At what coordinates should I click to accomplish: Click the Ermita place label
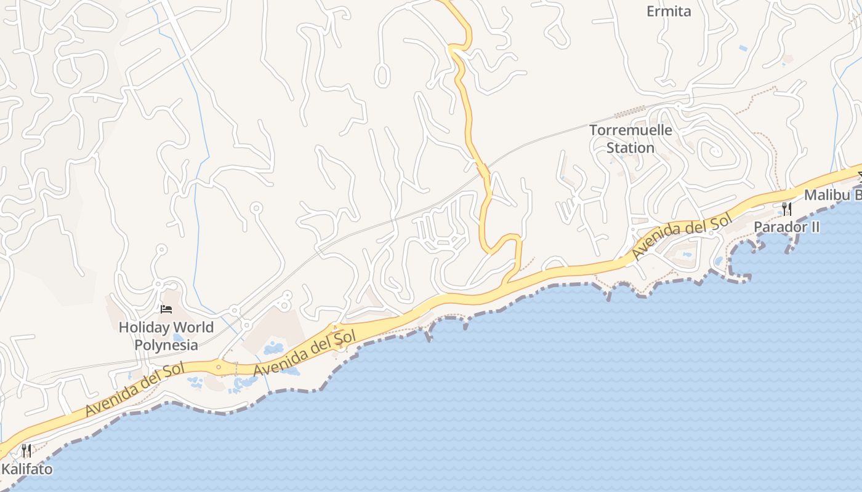669,11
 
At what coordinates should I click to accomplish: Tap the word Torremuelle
630,130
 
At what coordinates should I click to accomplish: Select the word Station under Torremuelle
630,148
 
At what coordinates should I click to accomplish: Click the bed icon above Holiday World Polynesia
166,309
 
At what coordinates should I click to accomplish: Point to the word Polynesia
166,345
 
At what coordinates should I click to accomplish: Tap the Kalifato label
26,469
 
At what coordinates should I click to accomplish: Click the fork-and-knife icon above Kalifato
26,451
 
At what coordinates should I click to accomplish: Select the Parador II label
787,227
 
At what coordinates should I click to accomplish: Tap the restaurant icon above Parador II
787,208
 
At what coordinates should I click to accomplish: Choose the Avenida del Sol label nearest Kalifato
126,389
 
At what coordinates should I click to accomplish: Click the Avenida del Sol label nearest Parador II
682,235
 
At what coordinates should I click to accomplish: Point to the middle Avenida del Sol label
305,354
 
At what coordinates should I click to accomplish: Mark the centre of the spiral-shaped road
715,150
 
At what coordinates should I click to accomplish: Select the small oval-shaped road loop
382,75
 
